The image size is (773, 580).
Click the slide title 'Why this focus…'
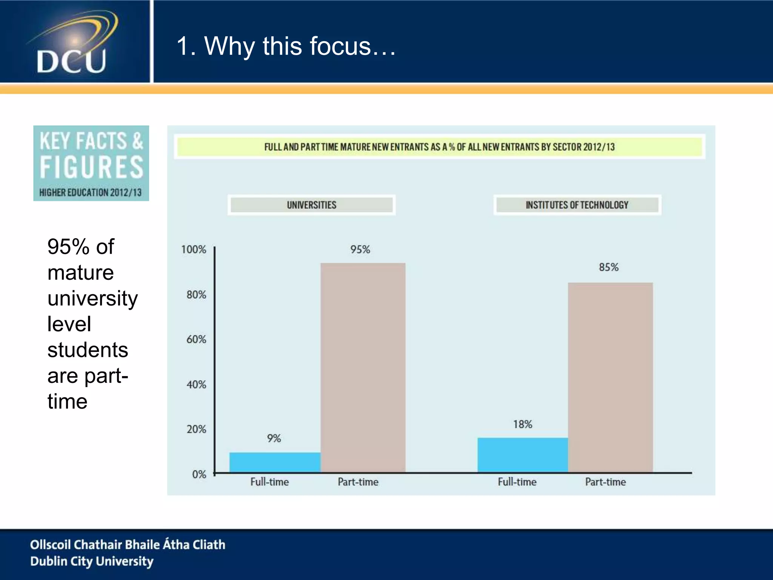(286, 46)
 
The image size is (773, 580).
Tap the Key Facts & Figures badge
(91, 163)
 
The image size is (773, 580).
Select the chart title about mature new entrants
(439, 147)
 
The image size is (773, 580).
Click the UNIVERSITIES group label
(311, 205)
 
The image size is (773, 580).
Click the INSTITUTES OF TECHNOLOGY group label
(577, 205)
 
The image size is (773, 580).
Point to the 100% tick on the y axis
(194, 250)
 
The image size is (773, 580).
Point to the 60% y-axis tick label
(196, 339)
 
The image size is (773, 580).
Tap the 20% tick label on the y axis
(196, 429)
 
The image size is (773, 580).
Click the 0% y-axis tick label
(199, 474)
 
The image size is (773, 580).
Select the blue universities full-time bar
(275, 462)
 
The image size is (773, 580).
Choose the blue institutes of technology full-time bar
(522, 455)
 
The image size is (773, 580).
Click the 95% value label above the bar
(360, 250)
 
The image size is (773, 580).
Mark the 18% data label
(522, 424)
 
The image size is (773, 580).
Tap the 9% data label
(274, 438)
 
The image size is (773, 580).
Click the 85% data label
(608, 267)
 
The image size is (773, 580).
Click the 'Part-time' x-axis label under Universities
(358, 482)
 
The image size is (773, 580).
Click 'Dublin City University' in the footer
(92, 561)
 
